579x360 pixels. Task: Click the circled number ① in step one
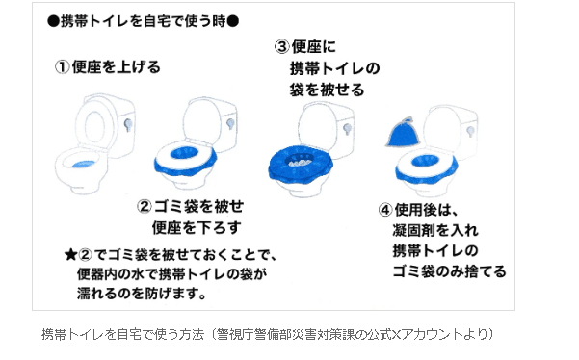62,67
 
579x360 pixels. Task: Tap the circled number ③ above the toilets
281,47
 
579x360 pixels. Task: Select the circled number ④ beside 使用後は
385,210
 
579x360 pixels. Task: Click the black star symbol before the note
70,254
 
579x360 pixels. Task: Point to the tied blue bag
403,132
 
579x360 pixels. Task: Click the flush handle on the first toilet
128,125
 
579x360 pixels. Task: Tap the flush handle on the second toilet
230,123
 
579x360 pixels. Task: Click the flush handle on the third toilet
347,129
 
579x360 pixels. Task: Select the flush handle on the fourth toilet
470,131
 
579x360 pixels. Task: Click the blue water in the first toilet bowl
84,165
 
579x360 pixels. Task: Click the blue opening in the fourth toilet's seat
425,161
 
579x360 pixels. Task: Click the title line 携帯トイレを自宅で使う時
143,21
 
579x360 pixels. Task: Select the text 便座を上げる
116,67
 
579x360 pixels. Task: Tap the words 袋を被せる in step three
328,90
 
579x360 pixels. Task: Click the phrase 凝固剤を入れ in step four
435,230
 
